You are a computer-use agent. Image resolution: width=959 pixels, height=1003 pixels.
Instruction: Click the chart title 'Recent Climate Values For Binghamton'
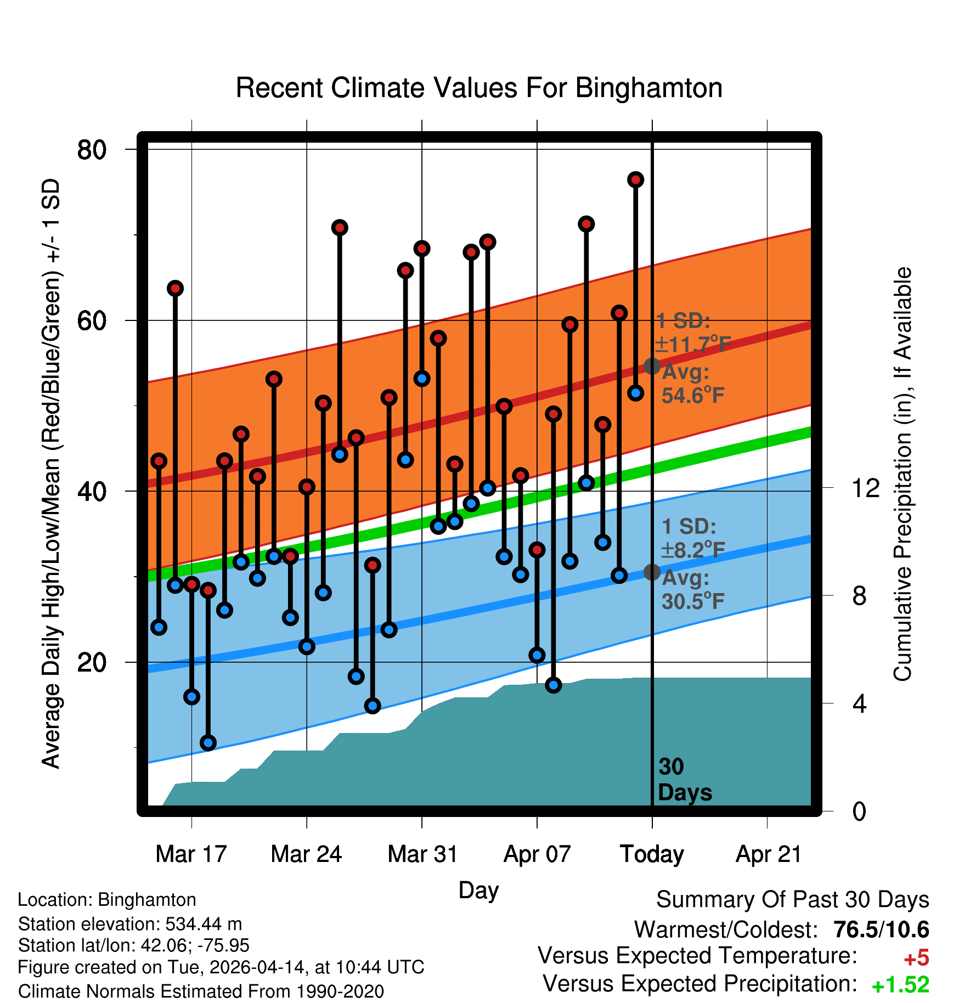(479, 88)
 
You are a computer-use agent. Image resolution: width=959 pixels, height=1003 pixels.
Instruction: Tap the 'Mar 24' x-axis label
(306, 854)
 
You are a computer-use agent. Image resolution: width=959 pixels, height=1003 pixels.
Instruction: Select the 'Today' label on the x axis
(652, 854)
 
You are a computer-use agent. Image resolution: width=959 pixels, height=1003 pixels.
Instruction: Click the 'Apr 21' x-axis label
(768, 854)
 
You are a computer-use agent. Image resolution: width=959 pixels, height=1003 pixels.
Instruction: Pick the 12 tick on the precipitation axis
(866, 488)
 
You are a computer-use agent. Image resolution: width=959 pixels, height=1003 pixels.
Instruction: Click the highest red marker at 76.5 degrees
(636, 179)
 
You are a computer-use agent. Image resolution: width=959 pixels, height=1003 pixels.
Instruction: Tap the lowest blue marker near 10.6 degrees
(208, 743)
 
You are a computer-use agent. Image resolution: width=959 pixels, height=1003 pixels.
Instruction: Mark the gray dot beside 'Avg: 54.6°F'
(652, 366)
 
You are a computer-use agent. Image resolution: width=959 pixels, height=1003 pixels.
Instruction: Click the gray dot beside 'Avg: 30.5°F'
(652, 572)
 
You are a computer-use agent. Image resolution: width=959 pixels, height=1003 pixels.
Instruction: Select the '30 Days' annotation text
(684, 780)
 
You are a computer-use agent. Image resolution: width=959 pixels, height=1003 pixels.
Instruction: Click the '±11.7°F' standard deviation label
(693, 345)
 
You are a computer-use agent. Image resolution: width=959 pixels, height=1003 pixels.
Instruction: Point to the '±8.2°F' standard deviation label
(693, 550)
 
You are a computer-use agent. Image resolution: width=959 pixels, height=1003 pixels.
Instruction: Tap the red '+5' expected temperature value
(916, 958)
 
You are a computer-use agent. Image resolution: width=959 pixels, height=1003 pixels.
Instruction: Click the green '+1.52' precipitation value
(900, 985)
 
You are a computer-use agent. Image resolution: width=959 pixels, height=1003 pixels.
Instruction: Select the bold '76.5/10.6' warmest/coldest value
(881, 929)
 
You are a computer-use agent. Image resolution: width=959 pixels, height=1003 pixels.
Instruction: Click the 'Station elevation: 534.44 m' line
(130, 924)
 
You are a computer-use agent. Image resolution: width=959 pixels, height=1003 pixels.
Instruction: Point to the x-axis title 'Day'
(478, 890)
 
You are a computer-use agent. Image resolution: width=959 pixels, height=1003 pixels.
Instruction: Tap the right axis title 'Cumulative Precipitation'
(902, 474)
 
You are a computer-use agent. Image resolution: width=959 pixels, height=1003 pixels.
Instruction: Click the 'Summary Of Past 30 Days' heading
(792, 900)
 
